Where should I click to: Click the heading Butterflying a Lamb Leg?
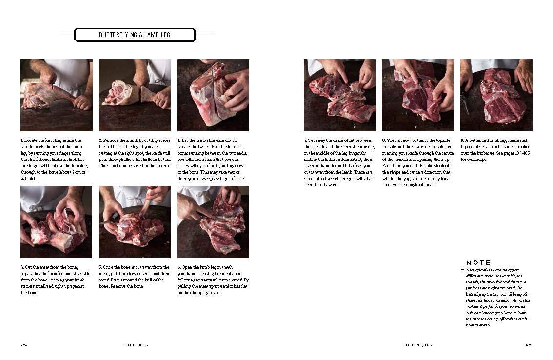coord(135,35)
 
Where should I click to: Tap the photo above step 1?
coord(57,95)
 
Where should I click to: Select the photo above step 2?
coord(135,95)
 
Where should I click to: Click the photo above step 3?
coord(213,95)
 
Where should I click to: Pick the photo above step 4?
coord(57,222)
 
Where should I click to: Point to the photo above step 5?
coord(135,222)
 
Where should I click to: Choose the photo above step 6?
coord(213,222)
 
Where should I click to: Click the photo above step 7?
coord(340,95)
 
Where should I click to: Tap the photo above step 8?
coord(418,95)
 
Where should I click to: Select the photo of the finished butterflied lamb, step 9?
coord(496,95)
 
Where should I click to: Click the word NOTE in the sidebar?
coord(478,263)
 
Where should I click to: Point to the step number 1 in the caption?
coord(22,140)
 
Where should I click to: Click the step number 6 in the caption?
coord(178,267)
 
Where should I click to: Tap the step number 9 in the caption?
coord(462,140)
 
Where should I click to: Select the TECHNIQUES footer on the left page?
coord(135,345)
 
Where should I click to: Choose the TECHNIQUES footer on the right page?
coord(418,345)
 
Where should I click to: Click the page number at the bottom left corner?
coord(23,345)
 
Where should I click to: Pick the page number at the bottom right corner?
coord(529,345)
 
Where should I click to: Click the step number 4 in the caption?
coord(22,267)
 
